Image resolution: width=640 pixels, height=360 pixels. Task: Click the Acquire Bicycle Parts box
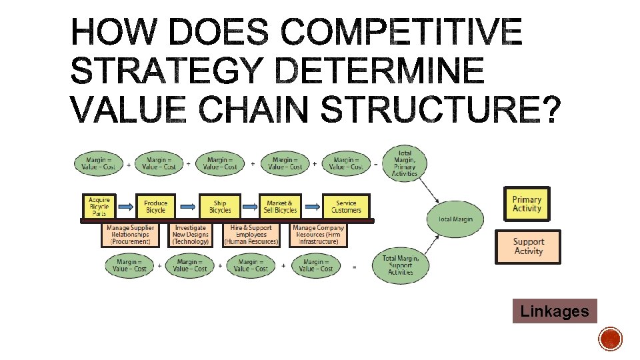[x=99, y=206]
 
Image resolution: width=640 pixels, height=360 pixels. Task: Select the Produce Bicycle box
[x=155, y=206]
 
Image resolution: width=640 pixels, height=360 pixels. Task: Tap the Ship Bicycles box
[x=219, y=206]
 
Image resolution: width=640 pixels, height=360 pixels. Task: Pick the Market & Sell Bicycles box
[x=281, y=206]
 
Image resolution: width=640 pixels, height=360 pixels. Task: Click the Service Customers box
[x=345, y=206]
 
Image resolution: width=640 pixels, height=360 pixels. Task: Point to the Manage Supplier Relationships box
[x=131, y=235]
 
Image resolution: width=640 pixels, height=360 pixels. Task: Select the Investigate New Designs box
[x=191, y=235]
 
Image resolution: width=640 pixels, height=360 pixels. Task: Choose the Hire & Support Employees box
[x=251, y=235]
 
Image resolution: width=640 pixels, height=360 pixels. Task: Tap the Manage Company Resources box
[x=318, y=235]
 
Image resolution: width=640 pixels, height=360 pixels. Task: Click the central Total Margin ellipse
[x=455, y=219]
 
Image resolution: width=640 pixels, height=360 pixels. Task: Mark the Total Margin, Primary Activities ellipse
[x=404, y=163]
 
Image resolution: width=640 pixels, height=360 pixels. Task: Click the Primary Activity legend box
[x=527, y=204]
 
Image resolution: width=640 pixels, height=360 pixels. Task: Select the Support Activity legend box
[x=528, y=247]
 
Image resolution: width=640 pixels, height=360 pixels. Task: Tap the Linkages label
[x=554, y=311]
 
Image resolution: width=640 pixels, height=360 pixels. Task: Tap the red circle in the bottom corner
[x=610, y=339]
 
